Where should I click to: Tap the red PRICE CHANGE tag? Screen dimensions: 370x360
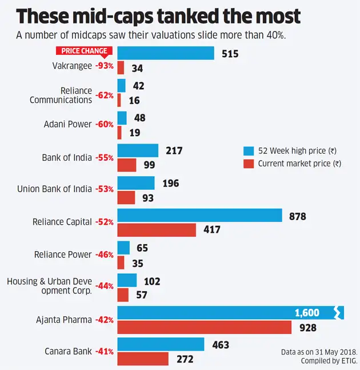(x=84, y=51)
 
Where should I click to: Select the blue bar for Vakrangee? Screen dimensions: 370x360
(x=166, y=53)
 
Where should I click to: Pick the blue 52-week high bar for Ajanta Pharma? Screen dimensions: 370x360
(x=229, y=313)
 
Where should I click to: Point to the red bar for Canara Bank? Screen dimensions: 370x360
(x=143, y=359)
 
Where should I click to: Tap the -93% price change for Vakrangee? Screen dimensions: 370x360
(x=104, y=66)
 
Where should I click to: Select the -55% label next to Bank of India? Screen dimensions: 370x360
(x=104, y=157)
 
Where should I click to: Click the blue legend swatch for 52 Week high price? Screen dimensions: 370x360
(x=248, y=151)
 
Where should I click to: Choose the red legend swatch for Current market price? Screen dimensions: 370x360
(x=248, y=164)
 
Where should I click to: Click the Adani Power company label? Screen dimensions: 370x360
(x=67, y=124)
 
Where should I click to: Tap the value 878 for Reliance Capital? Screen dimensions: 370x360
(x=298, y=216)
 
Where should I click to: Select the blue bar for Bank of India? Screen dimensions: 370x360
(x=138, y=150)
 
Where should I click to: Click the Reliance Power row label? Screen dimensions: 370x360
(x=63, y=254)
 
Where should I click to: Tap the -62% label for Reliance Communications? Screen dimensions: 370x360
(x=104, y=96)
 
